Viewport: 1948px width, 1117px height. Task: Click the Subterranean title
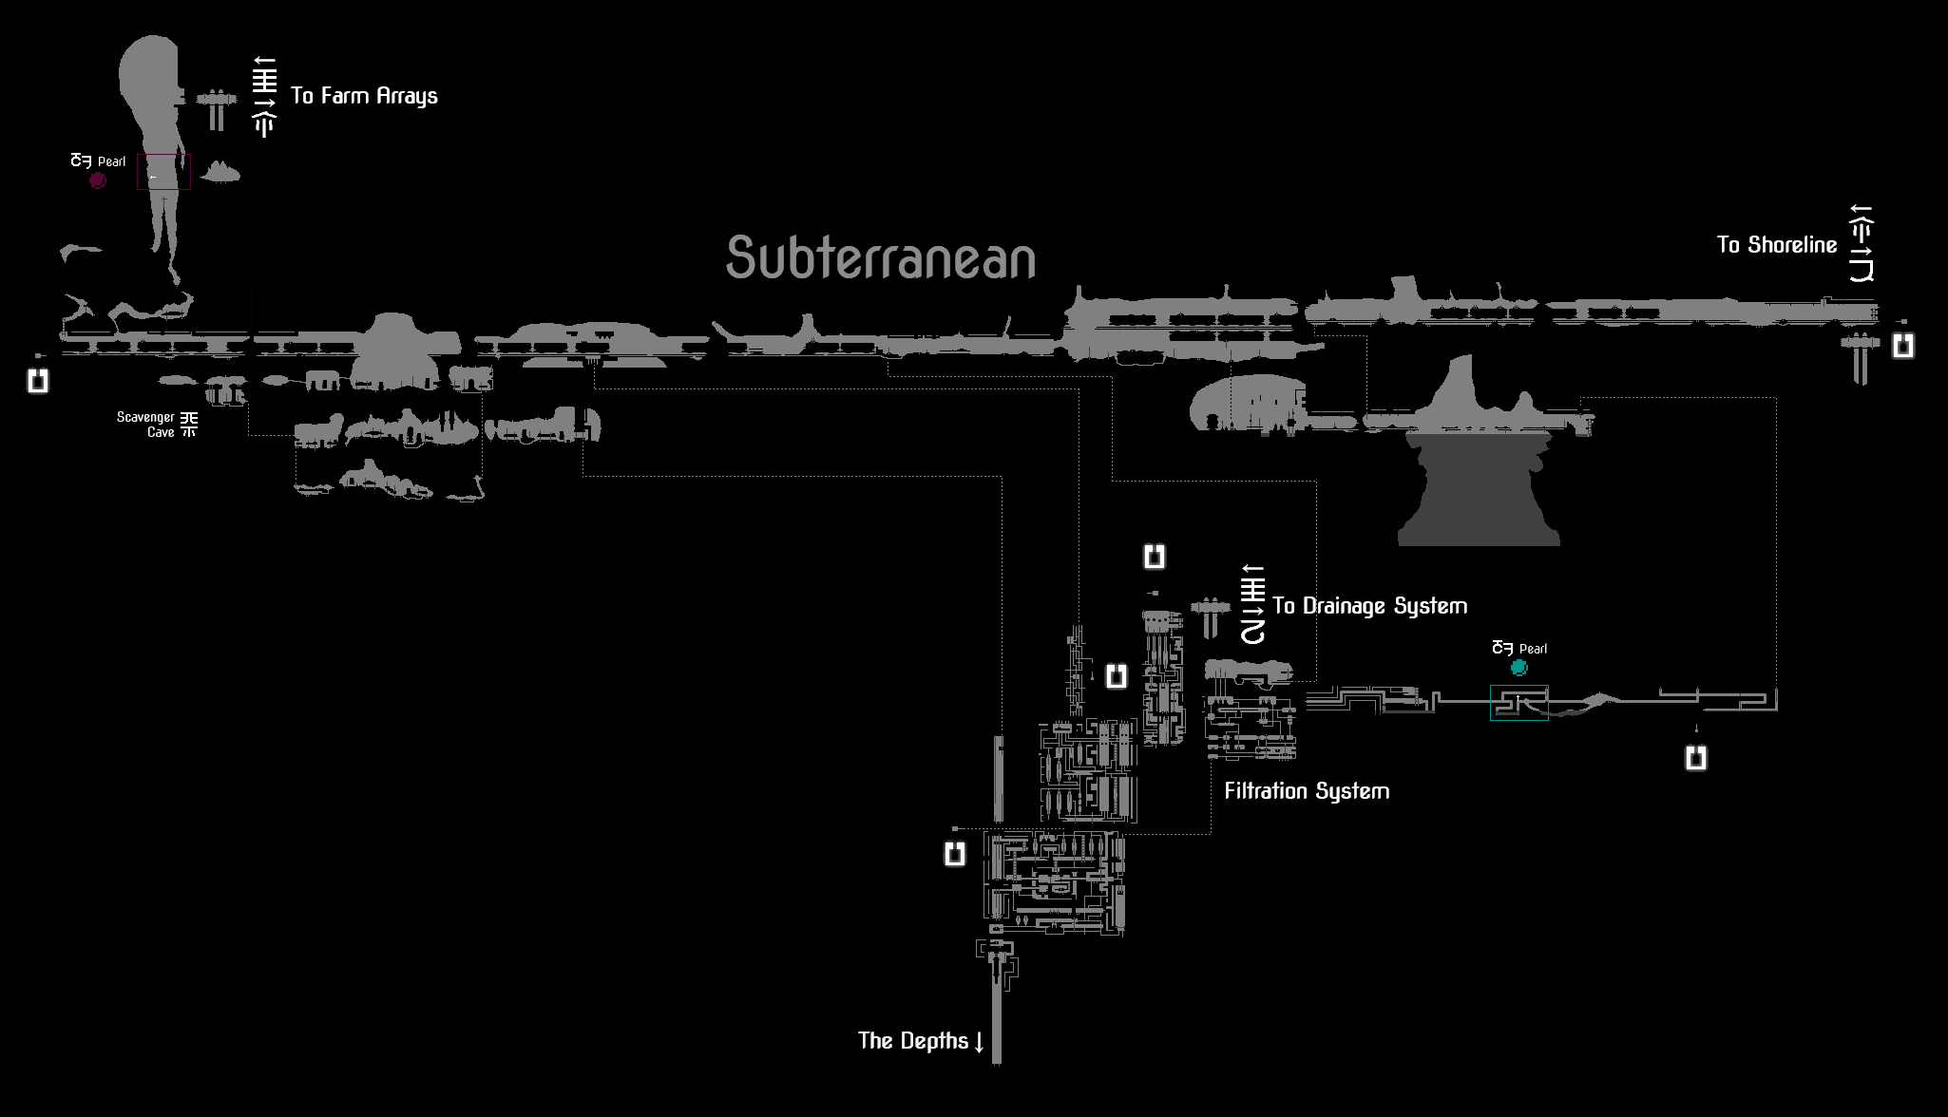[x=881, y=257]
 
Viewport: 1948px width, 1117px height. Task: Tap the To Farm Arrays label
[x=364, y=96]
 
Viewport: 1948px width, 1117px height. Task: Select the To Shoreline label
[x=1777, y=245]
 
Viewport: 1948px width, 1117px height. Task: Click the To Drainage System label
[x=1369, y=606]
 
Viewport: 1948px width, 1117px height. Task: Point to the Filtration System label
[x=1307, y=791]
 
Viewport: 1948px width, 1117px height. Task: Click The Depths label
[x=913, y=1041]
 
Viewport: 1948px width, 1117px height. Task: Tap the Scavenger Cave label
[x=146, y=425]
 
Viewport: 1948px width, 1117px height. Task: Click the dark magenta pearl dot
[x=98, y=180]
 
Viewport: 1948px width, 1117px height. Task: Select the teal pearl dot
[x=1519, y=668]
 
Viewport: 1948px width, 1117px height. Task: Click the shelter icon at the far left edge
[x=38, y=381]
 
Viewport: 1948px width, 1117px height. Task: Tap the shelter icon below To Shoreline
[x=1902, y=346]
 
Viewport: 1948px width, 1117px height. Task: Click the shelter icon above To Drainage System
[x=1155, y=557]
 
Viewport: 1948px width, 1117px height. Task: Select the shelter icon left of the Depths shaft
[x=955, y=854]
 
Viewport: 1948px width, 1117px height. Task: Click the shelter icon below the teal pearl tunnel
[x=1696, y=758]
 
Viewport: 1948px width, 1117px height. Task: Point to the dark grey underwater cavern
[x=1479, y=489]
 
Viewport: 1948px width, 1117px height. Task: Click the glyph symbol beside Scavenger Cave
[x=189, y=424]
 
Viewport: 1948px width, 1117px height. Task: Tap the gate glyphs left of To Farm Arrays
[x=264, y=97]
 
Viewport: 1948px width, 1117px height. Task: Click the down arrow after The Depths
[x=979, y=1042]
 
